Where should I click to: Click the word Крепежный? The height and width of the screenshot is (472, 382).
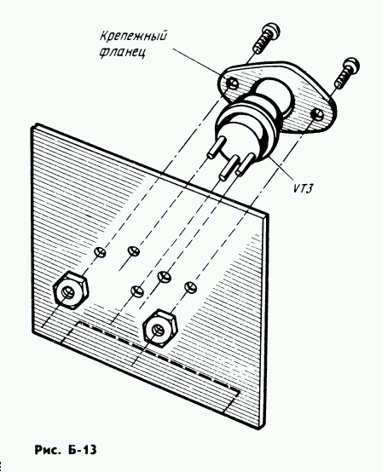pos(133,36)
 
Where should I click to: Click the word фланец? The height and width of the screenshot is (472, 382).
pos(123,52)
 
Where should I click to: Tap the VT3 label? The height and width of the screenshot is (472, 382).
pos(303,188)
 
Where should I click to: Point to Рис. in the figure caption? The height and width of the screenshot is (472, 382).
pos(46,450)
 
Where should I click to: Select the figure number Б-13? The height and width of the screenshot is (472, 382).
pos(83,450)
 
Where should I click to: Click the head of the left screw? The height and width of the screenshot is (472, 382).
pos(270,29)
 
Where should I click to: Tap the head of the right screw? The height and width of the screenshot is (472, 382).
pos(351,64)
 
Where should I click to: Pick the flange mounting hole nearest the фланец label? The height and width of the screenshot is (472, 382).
pos(233,83)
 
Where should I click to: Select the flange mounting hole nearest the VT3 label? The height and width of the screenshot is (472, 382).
pos(317,114)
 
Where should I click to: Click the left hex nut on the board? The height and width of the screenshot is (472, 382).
pos(71,289)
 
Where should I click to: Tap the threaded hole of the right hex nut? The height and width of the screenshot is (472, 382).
pos(158,330)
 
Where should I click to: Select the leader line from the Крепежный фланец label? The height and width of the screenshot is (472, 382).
pos(198,63)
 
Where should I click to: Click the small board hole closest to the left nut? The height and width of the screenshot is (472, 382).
pos(101,252)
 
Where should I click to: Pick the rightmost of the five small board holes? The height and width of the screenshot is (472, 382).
pos(190,287)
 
